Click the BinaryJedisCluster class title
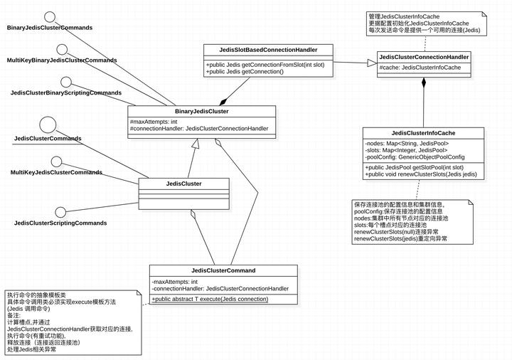pyautogui.click(x=201, y=111)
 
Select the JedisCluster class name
pyautogui.click(x=183, y=184)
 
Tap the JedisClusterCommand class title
pyautogui.click(x=223, y=270)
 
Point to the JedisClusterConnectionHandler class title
pyautogui.click(x=424, y=57)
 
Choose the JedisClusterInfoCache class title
pyautogui.click(x=423, y=132)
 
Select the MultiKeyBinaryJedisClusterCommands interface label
pyautogui.click(x=62, y=60)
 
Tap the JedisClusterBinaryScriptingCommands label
pyautogui.click(x=65, y=93)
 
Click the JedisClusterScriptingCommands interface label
pyautogui.click(x=60, y=223)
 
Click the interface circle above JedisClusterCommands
pyautogui.click(x=48, y=125)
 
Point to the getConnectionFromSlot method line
pyautogui.click(x=264, y=64)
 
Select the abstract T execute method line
pyautogui.click(x=210, y=300)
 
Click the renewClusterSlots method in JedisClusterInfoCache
pyautogui.click(x=422, y=174)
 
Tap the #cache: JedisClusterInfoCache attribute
pyautogui.click(x=420, y=68)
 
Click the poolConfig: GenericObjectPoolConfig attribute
pyautogui.click(x=415, y=157)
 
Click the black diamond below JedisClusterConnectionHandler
pyautogui.click(x=424, y=83)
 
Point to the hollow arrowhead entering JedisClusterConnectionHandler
pyautogui.click(x=370, y=63)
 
